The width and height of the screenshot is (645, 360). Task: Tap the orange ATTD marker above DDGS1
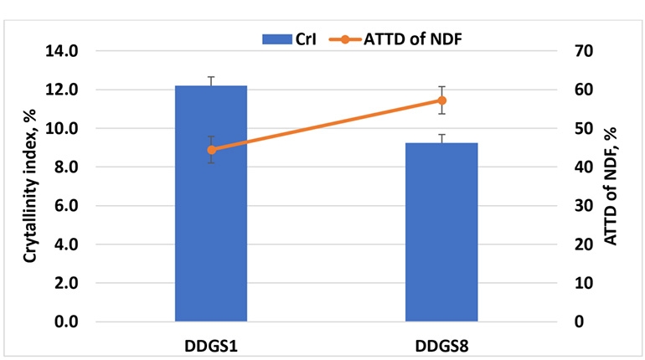click(x=211, y=150)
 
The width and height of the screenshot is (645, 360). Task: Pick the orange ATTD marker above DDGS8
click(x=441, y=100)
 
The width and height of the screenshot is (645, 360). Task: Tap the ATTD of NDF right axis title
click(x=610, y=186)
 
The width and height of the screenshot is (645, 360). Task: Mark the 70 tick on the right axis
click(x=583, y=51)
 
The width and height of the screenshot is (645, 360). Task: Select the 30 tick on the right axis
click(x=583, y=206)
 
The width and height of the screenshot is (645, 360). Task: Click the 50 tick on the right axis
click(x=583, y=129)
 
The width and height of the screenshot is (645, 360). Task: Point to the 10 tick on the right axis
click(x=583, y=284)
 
